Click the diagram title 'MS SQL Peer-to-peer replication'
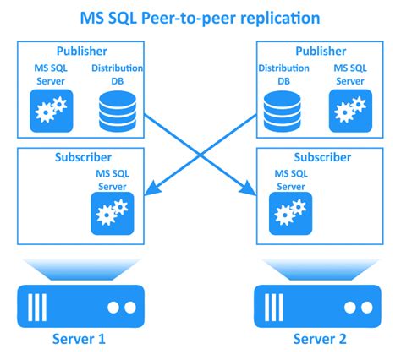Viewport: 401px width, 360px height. coord(200,19)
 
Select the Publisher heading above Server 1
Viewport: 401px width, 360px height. coord(82,51)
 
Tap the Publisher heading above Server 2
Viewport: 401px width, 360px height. coord(321,51)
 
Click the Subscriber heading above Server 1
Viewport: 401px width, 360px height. coord(83,157)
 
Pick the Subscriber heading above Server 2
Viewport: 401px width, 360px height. coord(322,157)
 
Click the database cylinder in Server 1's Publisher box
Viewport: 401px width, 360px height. coord(118,112)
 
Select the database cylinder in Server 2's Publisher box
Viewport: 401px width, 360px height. coord(282,112)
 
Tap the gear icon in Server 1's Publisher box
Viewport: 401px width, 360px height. coord(52,111)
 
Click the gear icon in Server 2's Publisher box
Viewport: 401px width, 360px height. coord(350,111)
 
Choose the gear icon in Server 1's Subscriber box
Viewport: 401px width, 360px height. coord(113,213)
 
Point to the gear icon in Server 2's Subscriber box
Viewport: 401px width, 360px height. coord(290,213)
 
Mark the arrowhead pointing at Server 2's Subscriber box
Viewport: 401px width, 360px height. coord(249,188)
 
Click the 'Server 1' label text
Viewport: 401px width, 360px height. coord(79,339)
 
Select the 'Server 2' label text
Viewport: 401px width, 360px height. coord(320,339)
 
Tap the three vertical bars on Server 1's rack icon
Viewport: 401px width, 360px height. coord(37,308)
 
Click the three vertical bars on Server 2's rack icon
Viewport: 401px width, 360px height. coord(273,308)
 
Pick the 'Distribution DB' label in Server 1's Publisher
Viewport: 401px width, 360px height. coord(117,74)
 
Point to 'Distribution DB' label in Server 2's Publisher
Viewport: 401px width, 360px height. coord(283,74)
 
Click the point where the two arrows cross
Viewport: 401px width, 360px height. coord(200,155)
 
